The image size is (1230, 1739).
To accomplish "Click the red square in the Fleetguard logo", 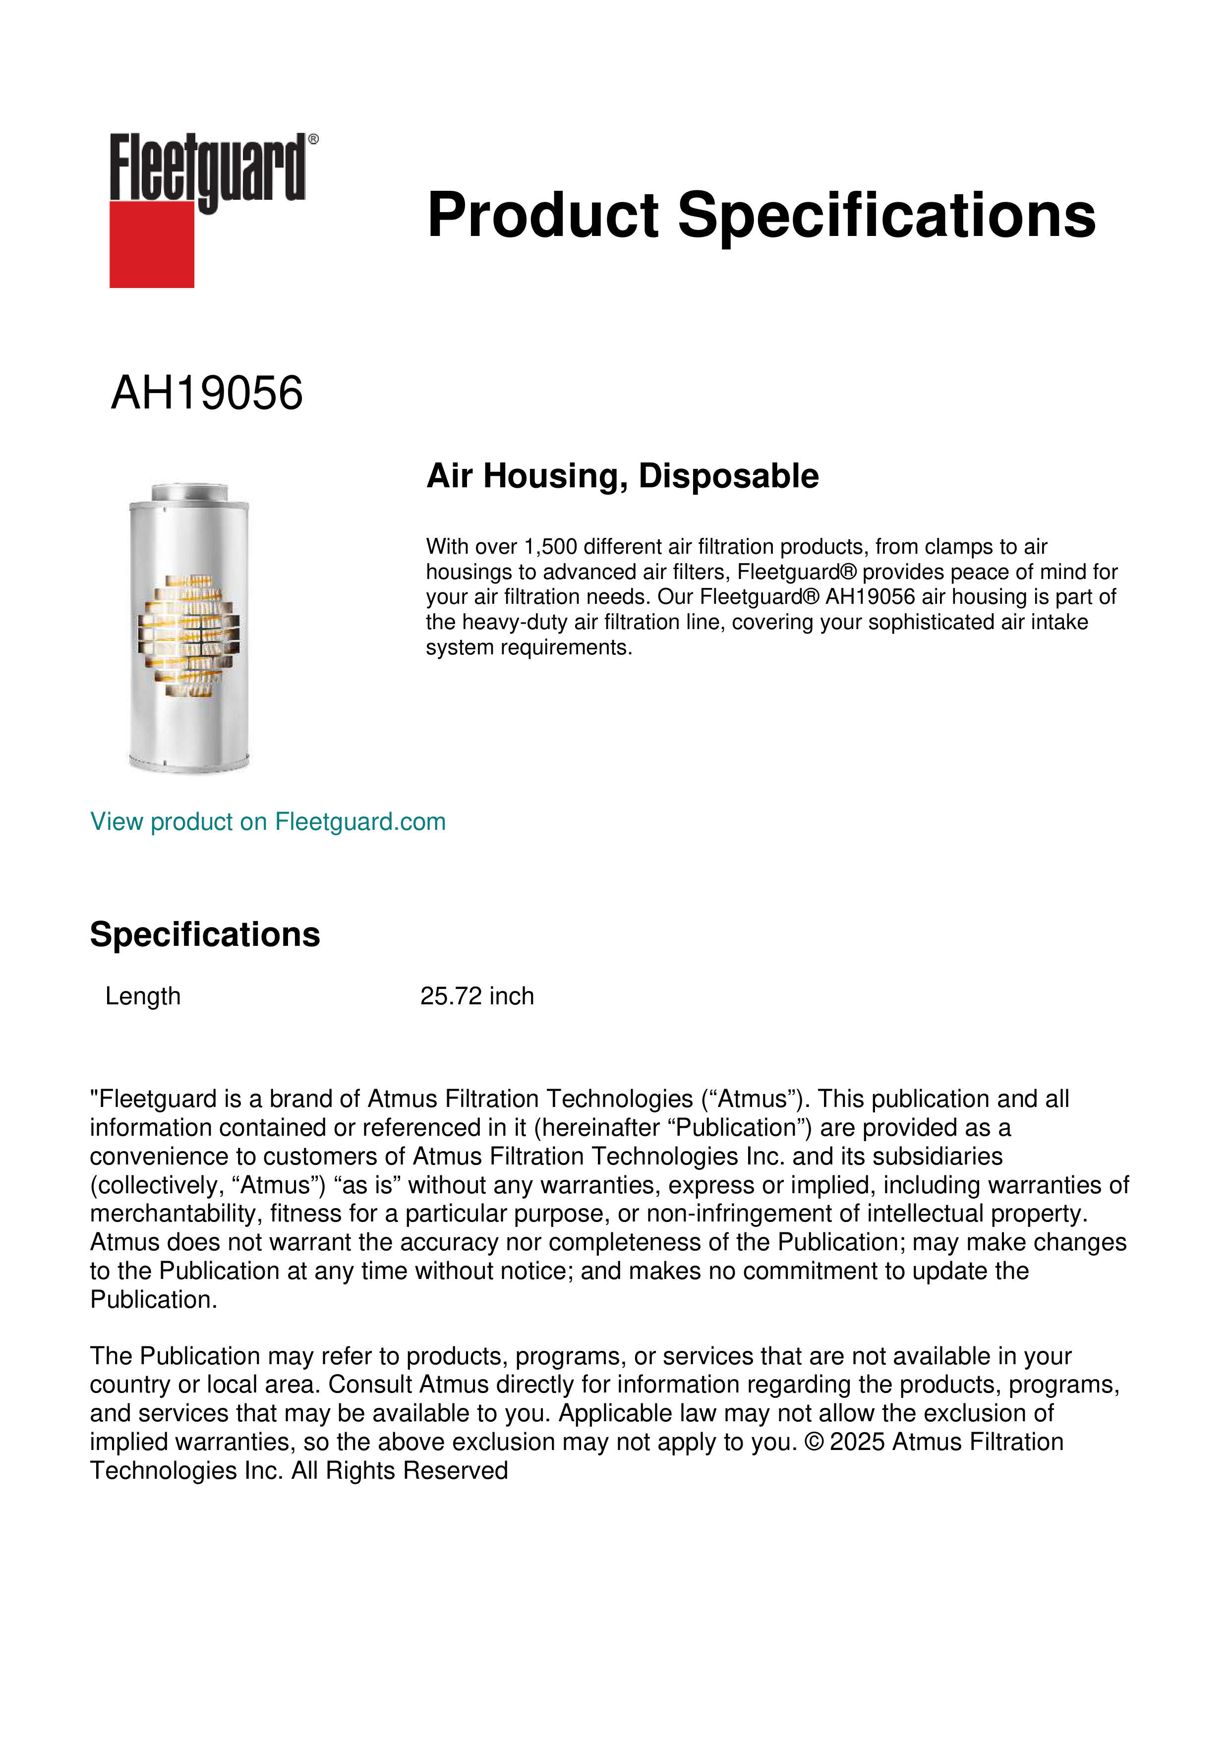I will pyautogui.click(x=152, y=244).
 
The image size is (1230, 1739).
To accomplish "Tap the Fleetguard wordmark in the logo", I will pyautogui.click(x=207, y=168).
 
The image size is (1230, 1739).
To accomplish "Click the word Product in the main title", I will pyautogui.click(x=542, y=215).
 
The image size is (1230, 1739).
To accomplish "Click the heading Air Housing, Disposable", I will pyautogui.click(x=622, y=476).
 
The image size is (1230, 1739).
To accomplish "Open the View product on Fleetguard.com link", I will pyautogui.click(x=267, y=822).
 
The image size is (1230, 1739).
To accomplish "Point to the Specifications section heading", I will pyautogui.click(x=204, y=934).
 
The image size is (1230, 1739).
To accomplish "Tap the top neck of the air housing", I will pyautogui.click(x=189, y=492).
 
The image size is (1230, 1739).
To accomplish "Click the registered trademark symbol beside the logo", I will pyautogui.click(x=313, y=139).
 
